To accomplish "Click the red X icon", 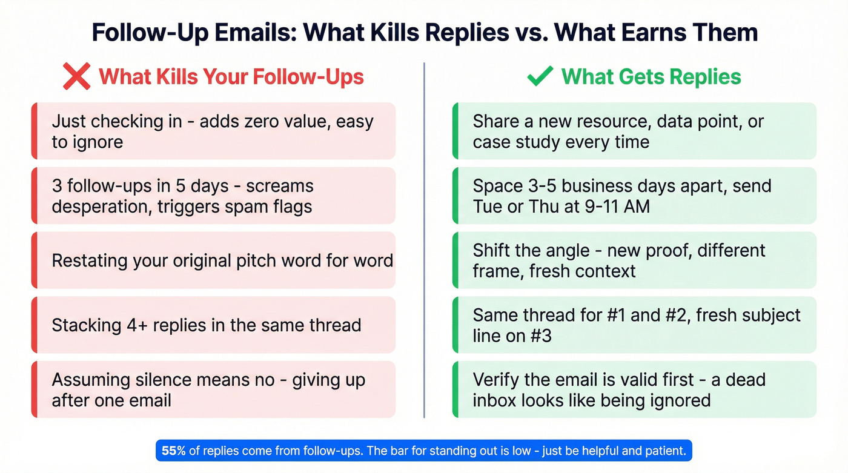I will (x=76, y=78).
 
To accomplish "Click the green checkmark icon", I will (x=540, y=77).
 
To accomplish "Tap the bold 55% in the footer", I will (x=174, y=451).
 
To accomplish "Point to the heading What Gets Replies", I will (x=651, y=77).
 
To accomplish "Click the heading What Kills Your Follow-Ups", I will (x=231, y=78).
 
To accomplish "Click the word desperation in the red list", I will (x=99, y=207).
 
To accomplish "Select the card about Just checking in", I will (x=213, y=131).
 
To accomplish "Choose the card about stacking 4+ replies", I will (x=213, y=325).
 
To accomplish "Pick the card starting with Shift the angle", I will (x=634, y=260).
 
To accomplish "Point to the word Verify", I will (x=499, y=380).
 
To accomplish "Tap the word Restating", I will (x=90, y=260).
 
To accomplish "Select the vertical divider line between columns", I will (x=424, y=242).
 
